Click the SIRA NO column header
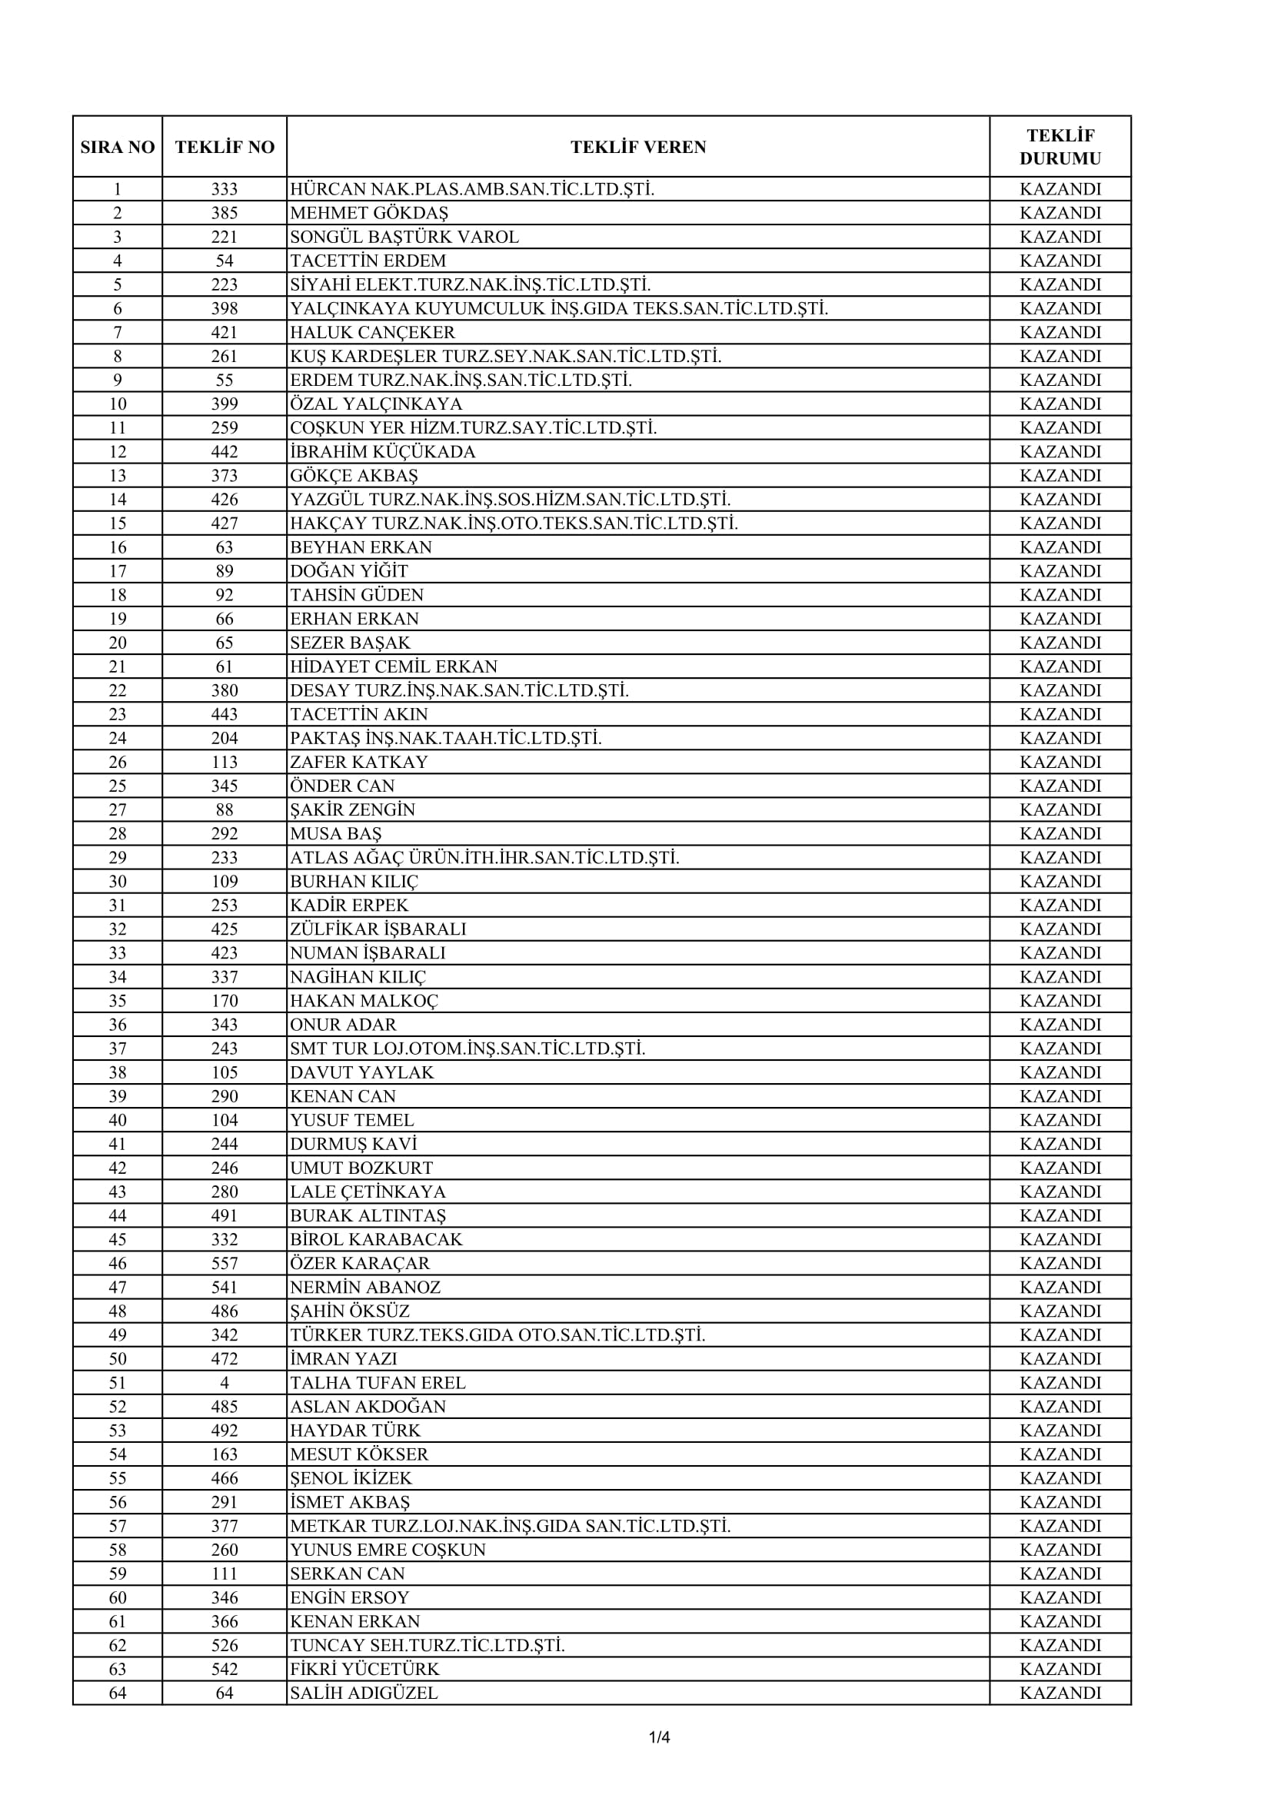(118, 148)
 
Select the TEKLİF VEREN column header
(637, 148)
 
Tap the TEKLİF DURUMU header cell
(1060, 148)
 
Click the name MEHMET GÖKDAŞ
(369, 213)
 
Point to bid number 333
(224, 190)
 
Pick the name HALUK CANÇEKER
(372, 332)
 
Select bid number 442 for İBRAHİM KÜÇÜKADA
(224, 452)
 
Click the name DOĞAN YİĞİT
(348, 571)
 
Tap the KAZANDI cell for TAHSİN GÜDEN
(1060, 595)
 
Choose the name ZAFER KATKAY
(358, 762)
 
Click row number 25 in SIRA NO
(118, 786)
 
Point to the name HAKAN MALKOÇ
(364, 1001)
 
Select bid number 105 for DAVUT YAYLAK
(224, 1072)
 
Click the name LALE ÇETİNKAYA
(368, 1192)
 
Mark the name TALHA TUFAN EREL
(378, 1382)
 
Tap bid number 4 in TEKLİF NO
(224, 1382)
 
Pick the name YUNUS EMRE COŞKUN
(388, 1550)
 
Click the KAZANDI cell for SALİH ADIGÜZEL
(1060, 1693)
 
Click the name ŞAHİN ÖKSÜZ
(349, 1311)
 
